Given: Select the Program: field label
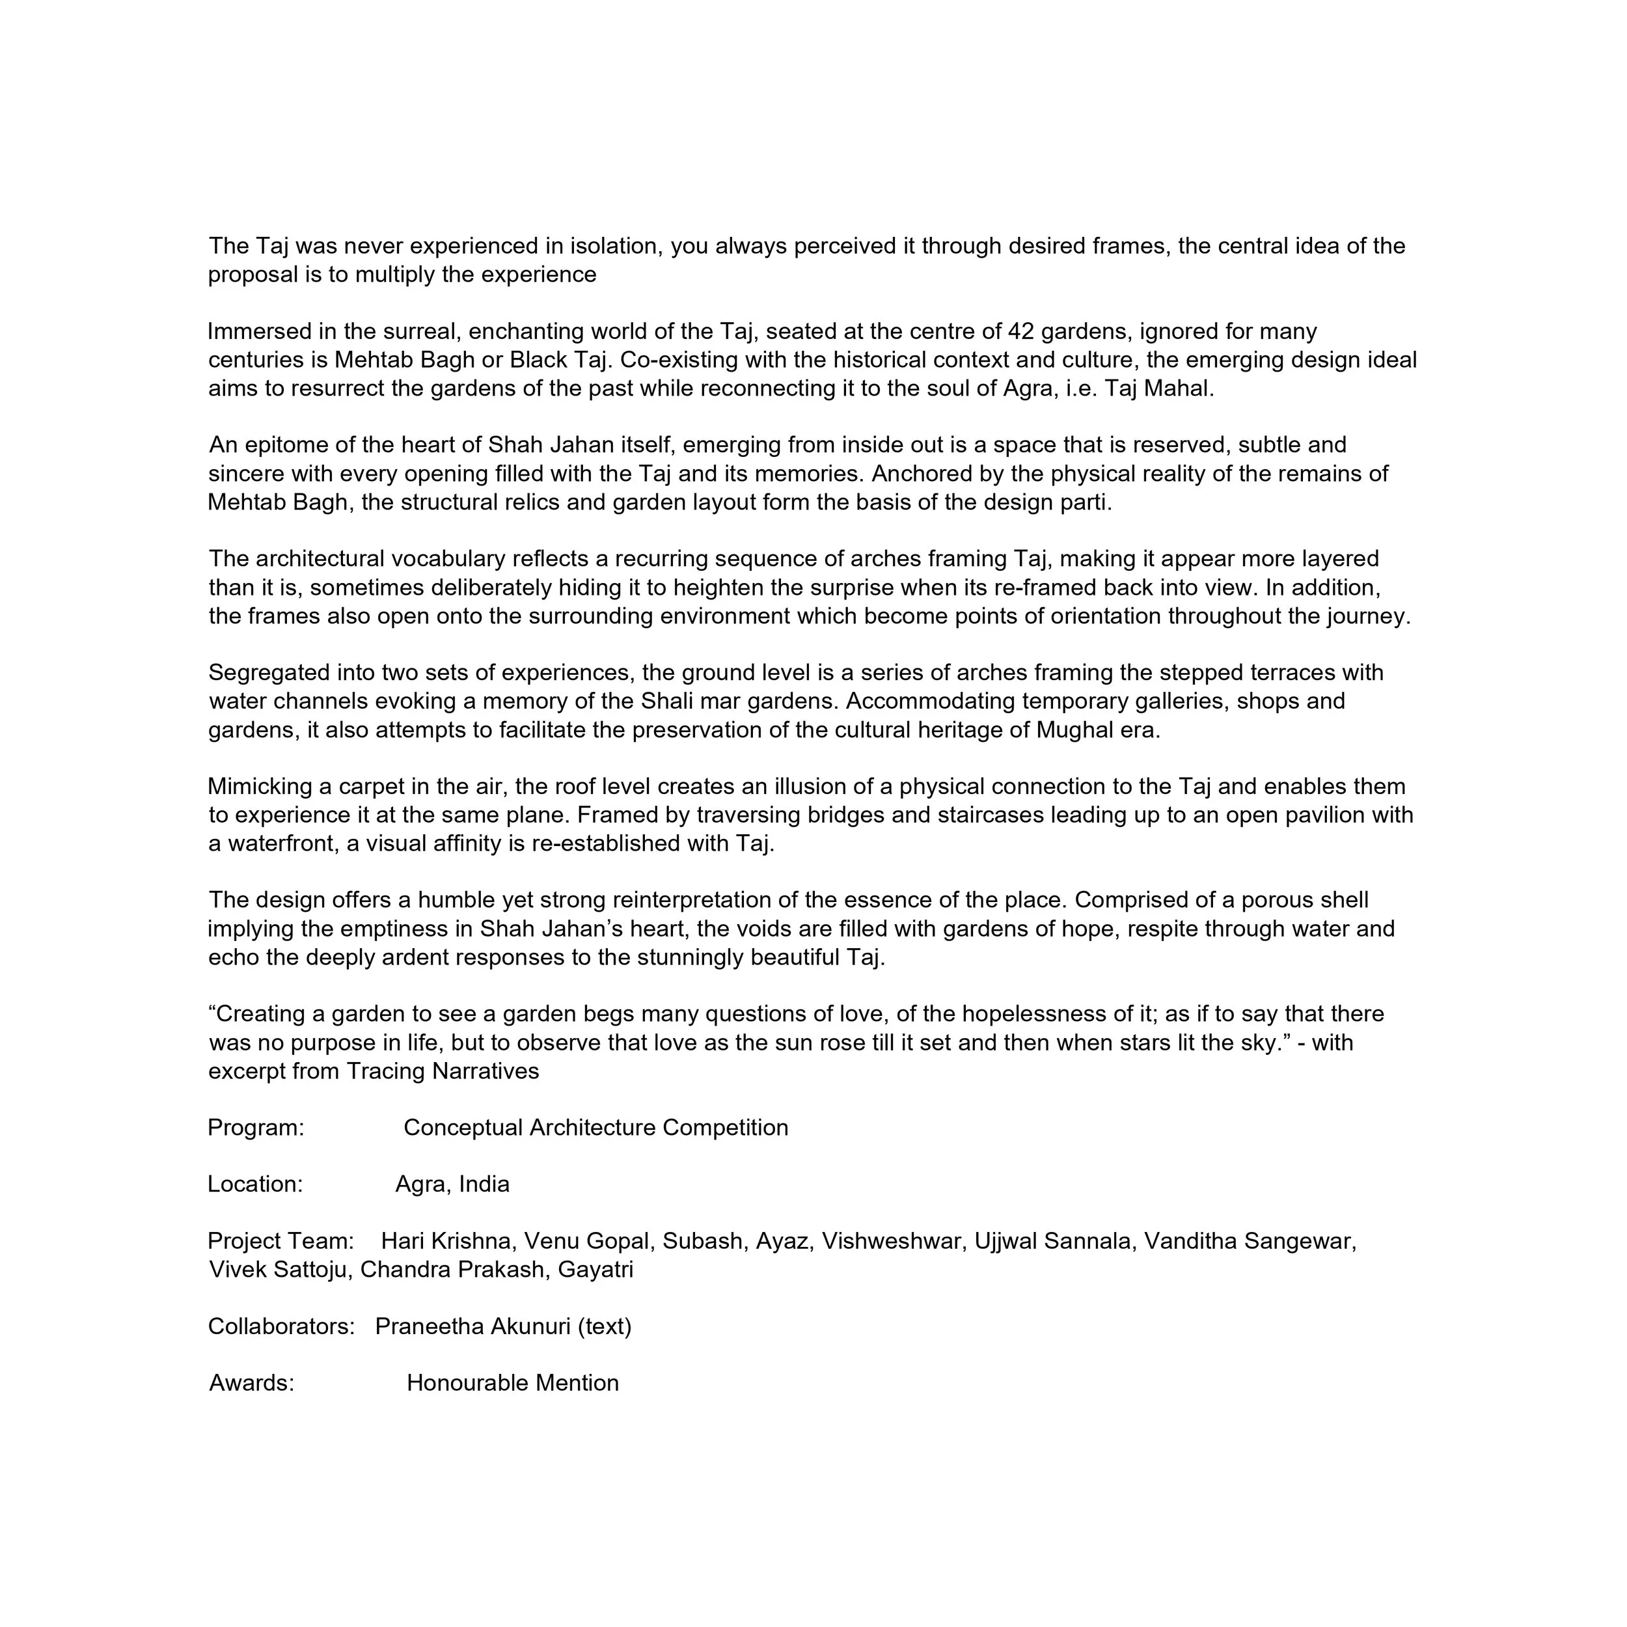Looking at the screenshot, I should coord(256,1128).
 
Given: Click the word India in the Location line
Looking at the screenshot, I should coord(484,1185).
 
